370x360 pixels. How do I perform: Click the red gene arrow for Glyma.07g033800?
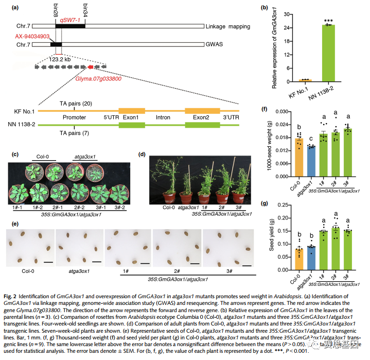click(90, 67)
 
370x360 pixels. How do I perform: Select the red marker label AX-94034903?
click(31, 37)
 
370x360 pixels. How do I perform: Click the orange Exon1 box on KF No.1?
click(132, 111)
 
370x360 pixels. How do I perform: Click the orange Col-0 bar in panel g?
click(298, 261)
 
